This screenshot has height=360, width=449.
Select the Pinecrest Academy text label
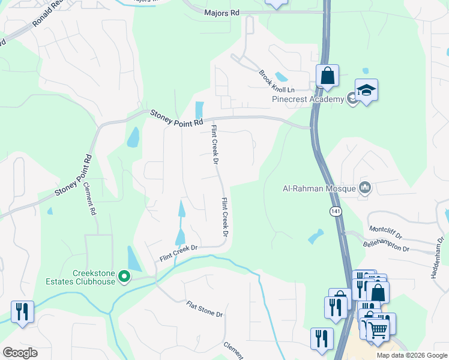coord(308,99)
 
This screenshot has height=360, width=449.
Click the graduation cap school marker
coord(366,91)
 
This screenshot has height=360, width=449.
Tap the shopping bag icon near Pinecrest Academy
coord(327,76)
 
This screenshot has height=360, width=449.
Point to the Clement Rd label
coord(91,199)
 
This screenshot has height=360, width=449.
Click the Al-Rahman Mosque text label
coord(319,188)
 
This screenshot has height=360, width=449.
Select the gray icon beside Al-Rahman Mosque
coord(365,188)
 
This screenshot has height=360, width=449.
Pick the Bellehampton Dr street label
coord(386,246)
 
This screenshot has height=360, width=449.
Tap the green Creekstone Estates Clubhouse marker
coord(124,277)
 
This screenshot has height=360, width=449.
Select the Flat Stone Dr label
coord(204,310)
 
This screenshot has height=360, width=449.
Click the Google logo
coord(20,353)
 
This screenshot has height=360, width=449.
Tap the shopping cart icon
coord(378,329)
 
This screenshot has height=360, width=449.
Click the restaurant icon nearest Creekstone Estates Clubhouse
coord(22,312)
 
